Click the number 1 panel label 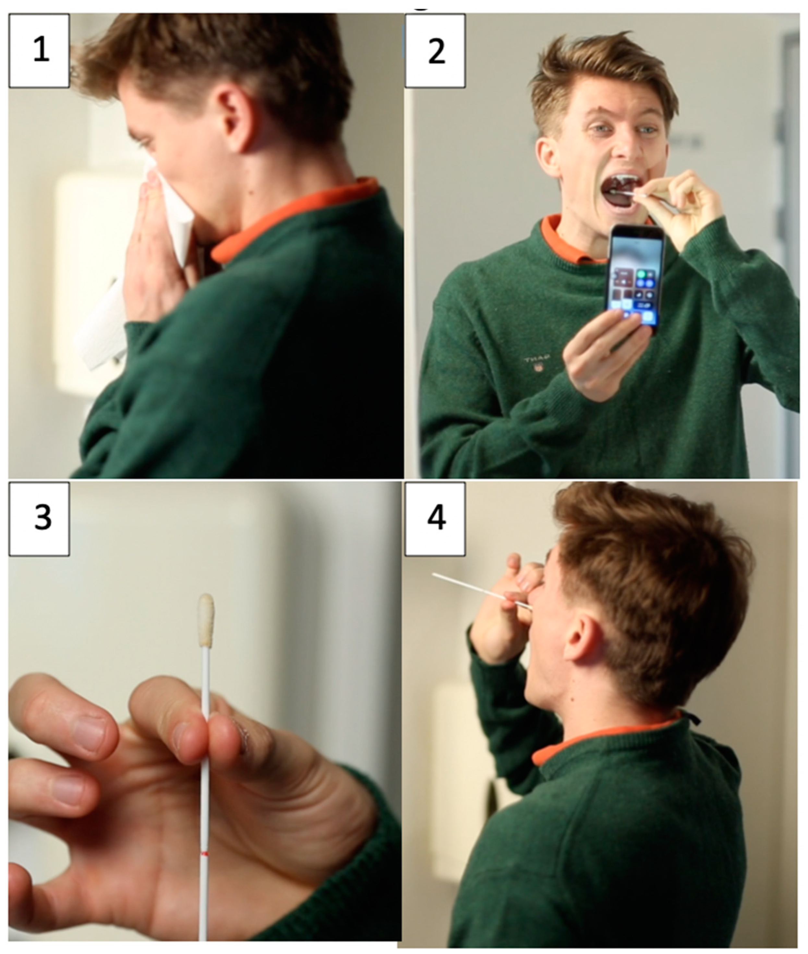click(x=39, y=50)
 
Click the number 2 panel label click(x=435, y=50)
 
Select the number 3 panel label click(x=39, y=519)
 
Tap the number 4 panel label click(x=435, y=519)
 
